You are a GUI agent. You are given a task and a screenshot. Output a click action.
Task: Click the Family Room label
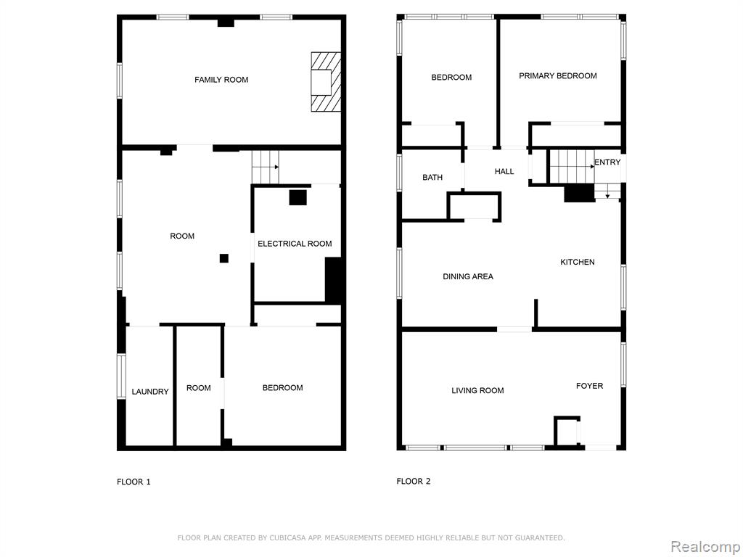click(221, 80)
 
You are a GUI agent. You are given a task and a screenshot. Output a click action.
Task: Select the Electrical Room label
click(295, 244)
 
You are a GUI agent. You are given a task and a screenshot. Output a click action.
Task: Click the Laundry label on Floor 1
click(150, 391)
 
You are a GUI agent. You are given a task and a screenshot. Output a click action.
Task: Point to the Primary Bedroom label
click(558, 75)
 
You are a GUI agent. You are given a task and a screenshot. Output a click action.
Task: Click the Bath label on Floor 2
click(432, 177)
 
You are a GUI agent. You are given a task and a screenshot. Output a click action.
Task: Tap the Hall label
click(504, 171)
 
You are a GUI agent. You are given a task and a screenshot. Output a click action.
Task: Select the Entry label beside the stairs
click(607, 162)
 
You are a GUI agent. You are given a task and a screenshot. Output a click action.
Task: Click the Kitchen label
click(578, 262)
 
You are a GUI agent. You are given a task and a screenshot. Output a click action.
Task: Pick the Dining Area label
click(468, 276)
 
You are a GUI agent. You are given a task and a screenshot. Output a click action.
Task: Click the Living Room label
click(477, 390)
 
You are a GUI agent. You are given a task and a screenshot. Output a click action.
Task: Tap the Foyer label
click(589, 386)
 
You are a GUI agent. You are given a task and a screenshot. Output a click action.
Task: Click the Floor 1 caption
click(134, 482)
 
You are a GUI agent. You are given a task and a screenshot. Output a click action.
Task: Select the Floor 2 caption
click(414, 482)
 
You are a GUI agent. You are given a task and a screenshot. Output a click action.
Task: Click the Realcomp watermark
click(705, 547)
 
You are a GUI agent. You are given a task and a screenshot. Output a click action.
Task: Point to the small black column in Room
click(224, 258)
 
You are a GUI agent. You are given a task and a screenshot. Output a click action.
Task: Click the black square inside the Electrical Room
click(298, 197)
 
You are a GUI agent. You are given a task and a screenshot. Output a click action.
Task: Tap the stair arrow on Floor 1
click(272, 167)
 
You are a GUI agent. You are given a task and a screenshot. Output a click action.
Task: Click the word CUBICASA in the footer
click(287, 537)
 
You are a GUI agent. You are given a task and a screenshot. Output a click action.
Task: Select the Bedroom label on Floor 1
click(283, 387)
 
